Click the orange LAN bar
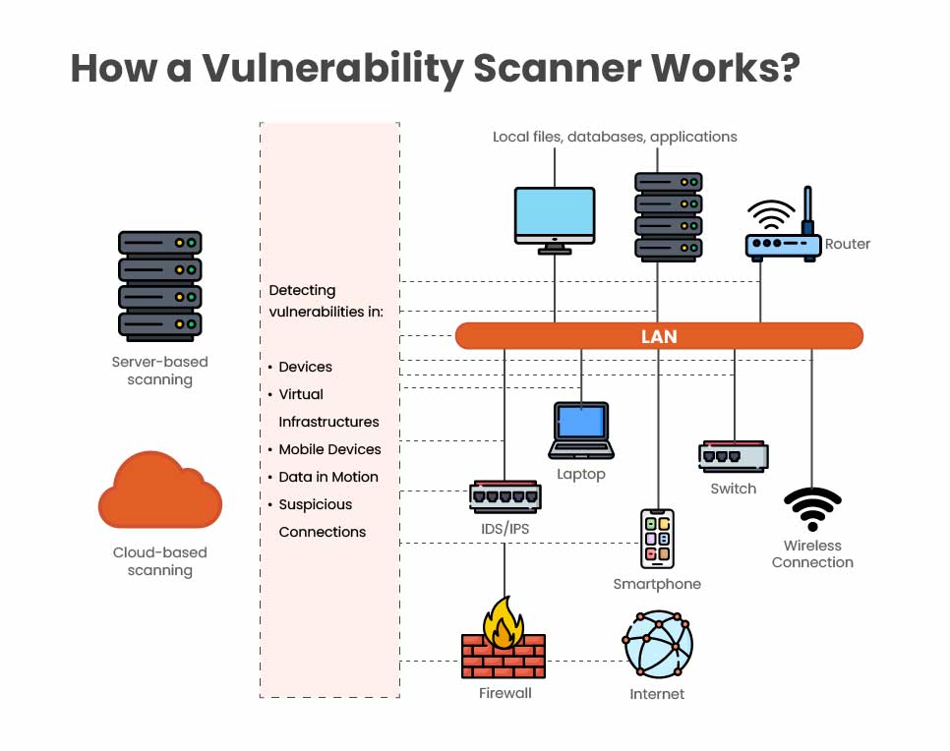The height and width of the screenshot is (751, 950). click(x=659, y=336)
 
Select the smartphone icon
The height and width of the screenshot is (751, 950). click(x=657, y=538)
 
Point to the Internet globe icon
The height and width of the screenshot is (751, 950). click(x=658, y=644)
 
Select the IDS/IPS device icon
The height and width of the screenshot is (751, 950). click(x=505, y=497)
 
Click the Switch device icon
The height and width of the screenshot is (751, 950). click(x=733, y=457)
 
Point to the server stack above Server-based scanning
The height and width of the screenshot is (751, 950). click(x=159, y=284)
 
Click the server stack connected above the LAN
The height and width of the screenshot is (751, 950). click(x=668, y=216)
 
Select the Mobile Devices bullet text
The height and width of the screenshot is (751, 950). click(x=329, y=449)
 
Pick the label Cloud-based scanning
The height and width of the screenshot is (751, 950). click(x=159, y=561)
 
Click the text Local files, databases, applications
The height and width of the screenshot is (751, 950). click(x=615, y=137)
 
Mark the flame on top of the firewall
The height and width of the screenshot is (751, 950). click(x=503, y=621)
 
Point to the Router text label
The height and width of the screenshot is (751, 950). click(x=848, y=244)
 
